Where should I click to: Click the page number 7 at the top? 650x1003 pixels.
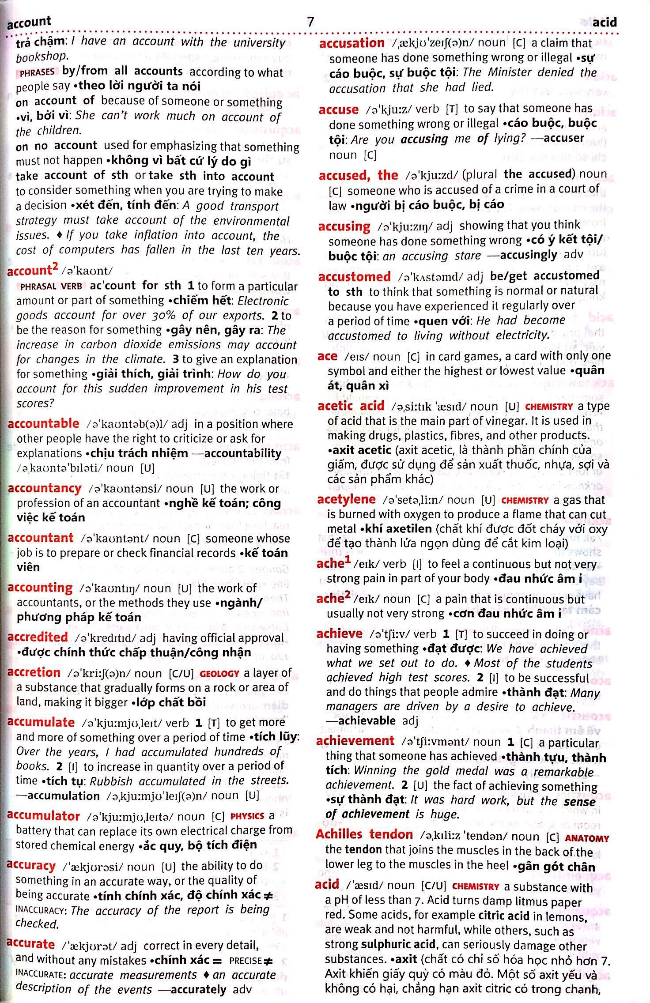pyautogui.click(x=311, y=22)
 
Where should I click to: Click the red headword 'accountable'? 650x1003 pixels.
pyautogui.click(x=43, y=423)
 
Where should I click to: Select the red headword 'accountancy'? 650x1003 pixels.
pyautogui.click(x=45, y=488)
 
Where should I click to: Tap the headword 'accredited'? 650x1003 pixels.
pyautogui.click(x=38, y=637)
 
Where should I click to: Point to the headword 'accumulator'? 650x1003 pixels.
pyautogui.click(x=43, y=816)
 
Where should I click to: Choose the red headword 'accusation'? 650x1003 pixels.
pyautogui.click(x=351, y=43)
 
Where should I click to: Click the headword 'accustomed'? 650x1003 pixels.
pyautogui.click(x=354, y=277)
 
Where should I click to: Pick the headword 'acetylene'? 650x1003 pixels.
pyautogui.click(x=346, y=499)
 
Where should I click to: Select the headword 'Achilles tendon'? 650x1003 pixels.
pyautogui.click(x=364, y=834)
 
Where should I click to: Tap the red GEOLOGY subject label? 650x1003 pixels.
pyautogui.click(x=219, y=674)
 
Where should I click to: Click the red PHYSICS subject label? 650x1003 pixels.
pyautogui.click(x=247, y=816)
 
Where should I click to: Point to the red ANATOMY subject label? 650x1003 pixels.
pyautogui.click(x=587, y=838)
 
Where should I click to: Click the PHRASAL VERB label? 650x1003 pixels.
pyautogui.click(x=51, y=287)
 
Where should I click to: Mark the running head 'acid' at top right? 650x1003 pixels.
pyautogui.click(x=605, y=22)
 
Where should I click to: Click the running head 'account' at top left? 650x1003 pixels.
pyautogui.click(x=29, y=22)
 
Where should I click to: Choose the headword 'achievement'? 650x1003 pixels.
pyautogui.click(x=355, y=741)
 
